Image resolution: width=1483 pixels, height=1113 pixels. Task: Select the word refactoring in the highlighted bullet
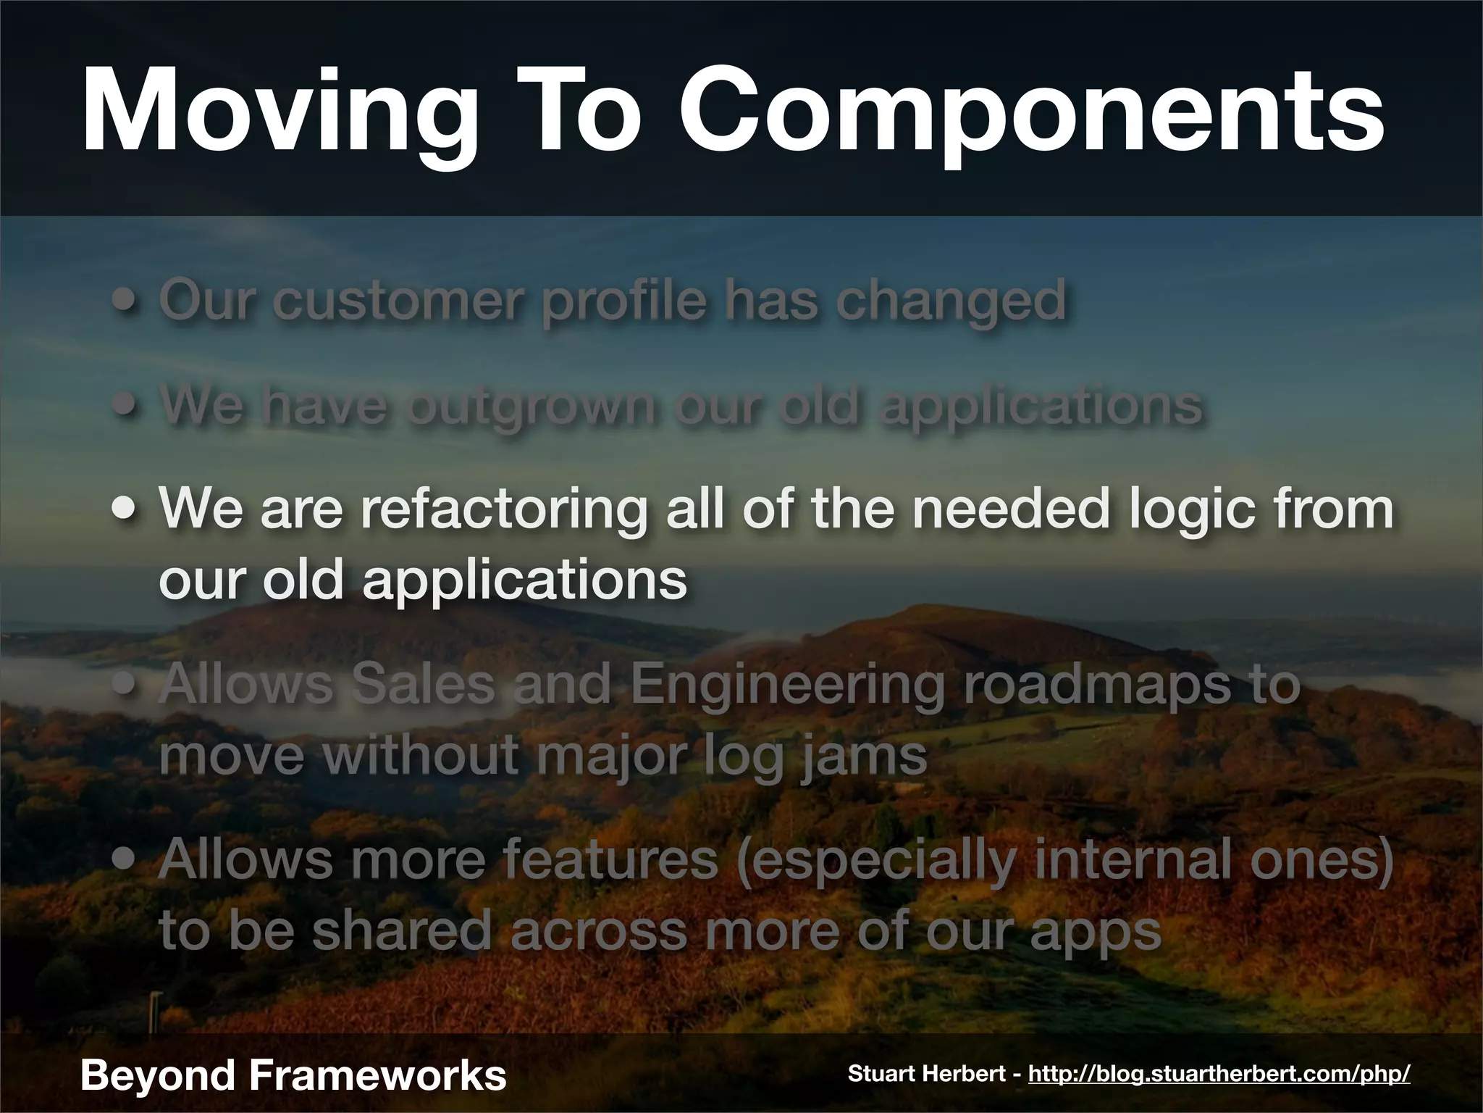coord(503,509)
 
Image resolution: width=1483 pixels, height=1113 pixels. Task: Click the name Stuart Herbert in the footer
coord(927,1074)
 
